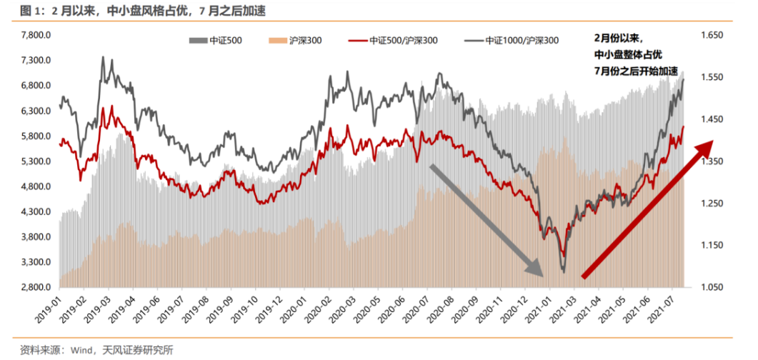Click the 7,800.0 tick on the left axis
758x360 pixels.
coord(35,35)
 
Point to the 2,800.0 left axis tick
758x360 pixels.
coord(35,287)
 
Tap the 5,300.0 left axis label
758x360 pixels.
coord(35,161)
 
